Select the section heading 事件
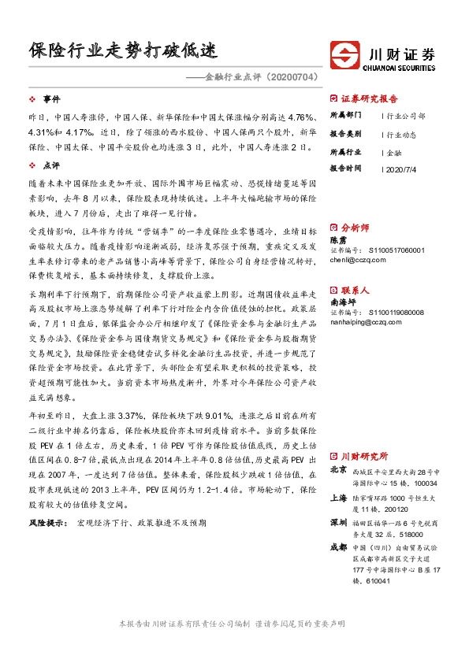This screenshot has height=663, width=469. [51, 100]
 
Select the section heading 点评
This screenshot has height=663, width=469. [51, 166]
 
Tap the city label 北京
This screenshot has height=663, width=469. [339, 470]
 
